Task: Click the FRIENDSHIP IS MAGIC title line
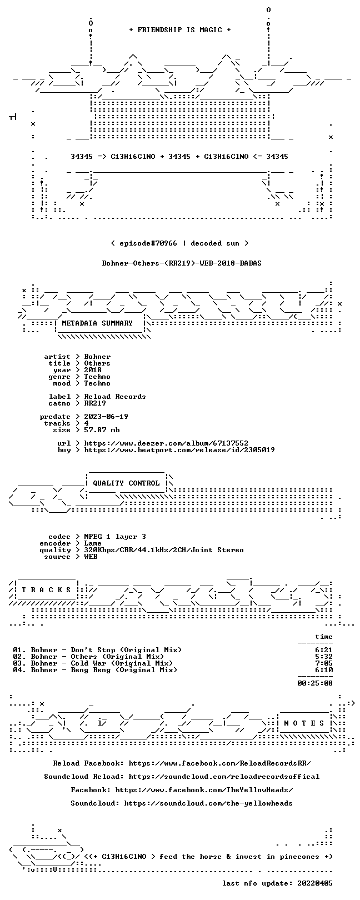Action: [180, 30]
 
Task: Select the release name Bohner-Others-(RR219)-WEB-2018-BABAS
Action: [182, 263]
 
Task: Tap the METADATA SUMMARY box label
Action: [97, 323]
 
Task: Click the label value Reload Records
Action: [115, 397]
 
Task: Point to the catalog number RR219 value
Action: [95, 403]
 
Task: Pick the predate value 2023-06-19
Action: [106, 417]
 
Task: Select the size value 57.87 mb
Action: [102, 430]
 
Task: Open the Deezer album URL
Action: [166, 443]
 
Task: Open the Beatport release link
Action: [179, 450]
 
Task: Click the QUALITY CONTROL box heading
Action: [126, 483]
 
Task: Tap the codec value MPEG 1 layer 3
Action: [115, 537]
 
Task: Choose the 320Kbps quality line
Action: [163, 550]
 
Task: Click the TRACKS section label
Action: [46, 590]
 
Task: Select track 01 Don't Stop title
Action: [126, 650]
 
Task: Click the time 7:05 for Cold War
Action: [324, 663]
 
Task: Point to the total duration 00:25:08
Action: [315, 683]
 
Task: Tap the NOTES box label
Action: [304, 723]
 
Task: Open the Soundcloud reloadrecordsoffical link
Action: [224, 777]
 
